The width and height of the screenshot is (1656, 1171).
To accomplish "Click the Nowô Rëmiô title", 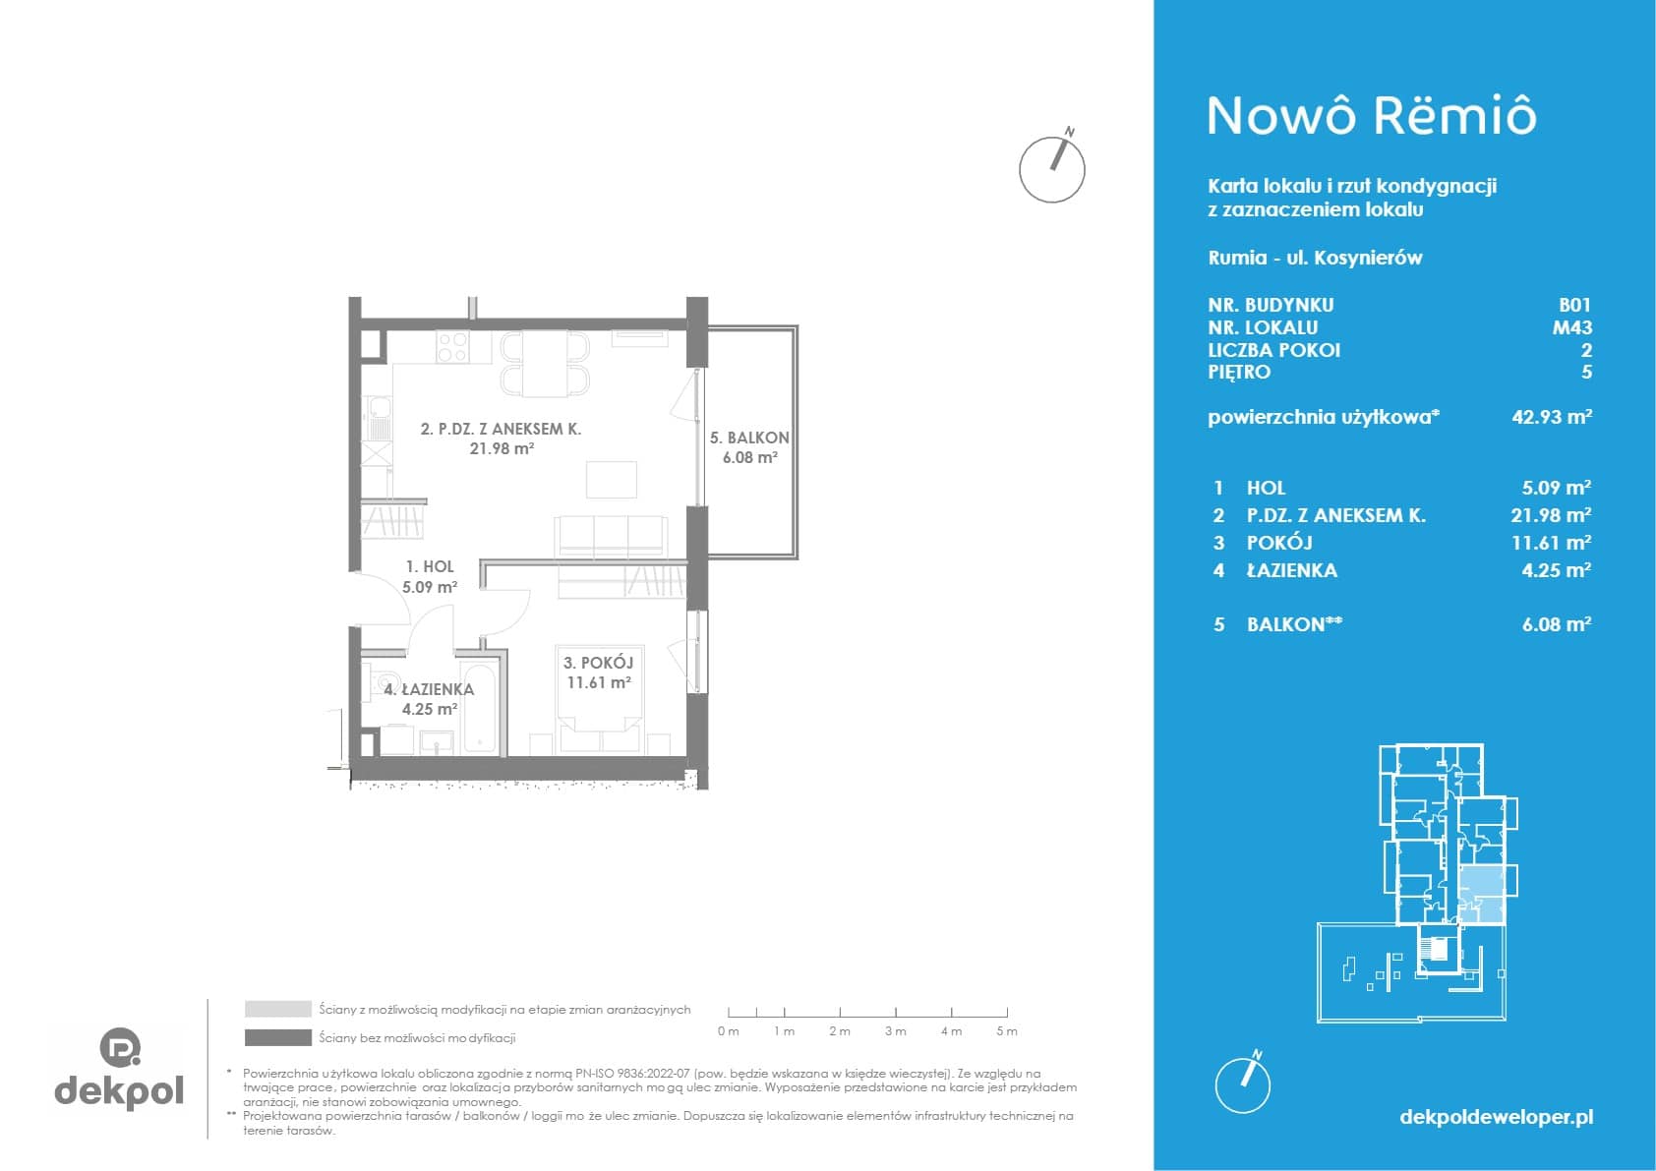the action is click(1372, 117).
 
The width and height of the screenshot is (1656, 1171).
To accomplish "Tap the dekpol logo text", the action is click(119, 1090).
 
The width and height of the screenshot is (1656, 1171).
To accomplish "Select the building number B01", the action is click(1574, 305).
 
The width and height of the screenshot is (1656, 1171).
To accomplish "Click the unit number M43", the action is click(1572, 327).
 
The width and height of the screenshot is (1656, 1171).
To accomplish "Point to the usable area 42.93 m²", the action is click(1552, 417).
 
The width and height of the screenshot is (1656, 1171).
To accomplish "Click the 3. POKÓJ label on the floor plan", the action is click(599, 663).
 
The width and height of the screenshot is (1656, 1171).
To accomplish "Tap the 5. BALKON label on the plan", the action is click(749, 438).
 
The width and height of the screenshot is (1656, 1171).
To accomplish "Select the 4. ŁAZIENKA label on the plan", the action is click(429, 690).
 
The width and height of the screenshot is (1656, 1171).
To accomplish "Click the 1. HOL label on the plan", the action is click(430, 566).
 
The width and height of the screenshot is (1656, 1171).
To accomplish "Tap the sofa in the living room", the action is click(612, 537).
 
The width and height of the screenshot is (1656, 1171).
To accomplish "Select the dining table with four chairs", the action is click(546, 364).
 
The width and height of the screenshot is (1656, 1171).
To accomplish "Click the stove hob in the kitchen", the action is click(452, 347).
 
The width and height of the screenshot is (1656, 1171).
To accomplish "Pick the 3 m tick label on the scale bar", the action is click(895, 1031).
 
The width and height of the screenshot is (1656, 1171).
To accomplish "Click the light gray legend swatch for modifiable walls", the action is click(278, 1009).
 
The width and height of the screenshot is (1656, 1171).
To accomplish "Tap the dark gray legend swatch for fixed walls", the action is click(278, 1038).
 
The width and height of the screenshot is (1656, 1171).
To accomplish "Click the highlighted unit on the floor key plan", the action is click(1481, 896).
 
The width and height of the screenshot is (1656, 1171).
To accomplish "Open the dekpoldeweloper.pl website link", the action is click(1497, 1117).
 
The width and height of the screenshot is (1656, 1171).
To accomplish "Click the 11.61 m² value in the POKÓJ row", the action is click(1551, 544).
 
